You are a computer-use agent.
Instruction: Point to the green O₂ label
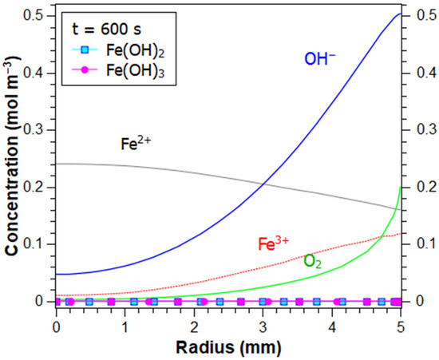click(314, 261)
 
